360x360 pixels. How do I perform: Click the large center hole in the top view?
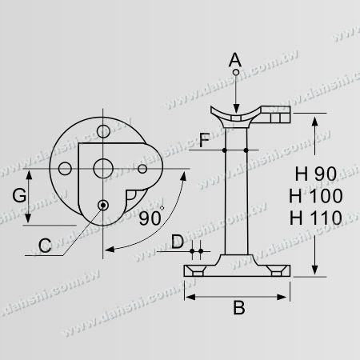102,169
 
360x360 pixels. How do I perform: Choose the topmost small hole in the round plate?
102,130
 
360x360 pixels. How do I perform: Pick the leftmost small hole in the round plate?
64,169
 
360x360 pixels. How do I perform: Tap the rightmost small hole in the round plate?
143,169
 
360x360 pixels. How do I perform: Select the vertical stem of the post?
235,192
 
